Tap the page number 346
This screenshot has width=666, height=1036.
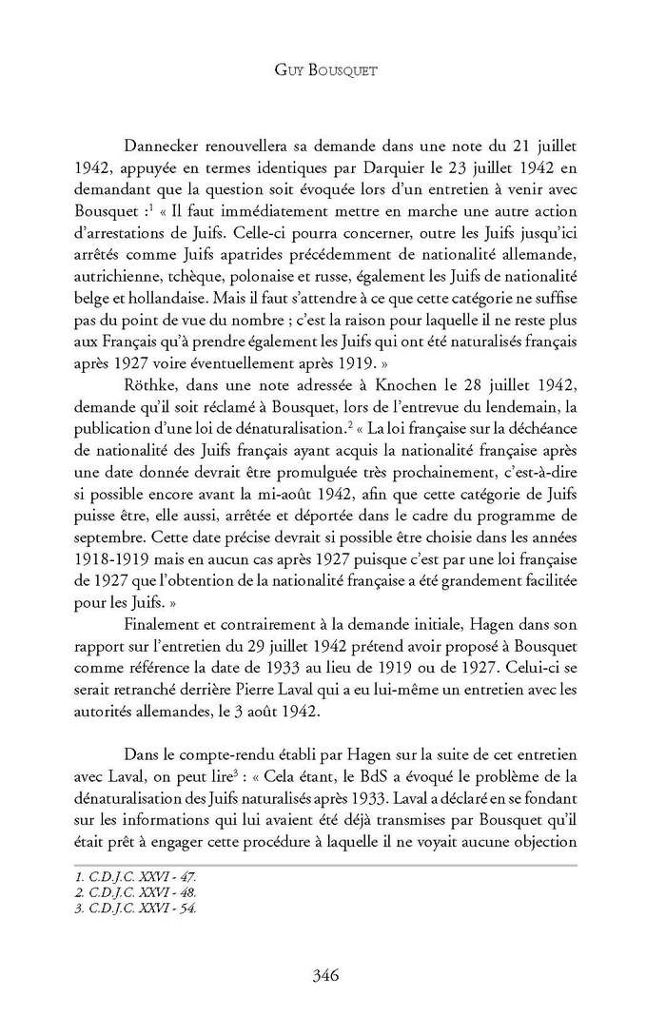[332, 974]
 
